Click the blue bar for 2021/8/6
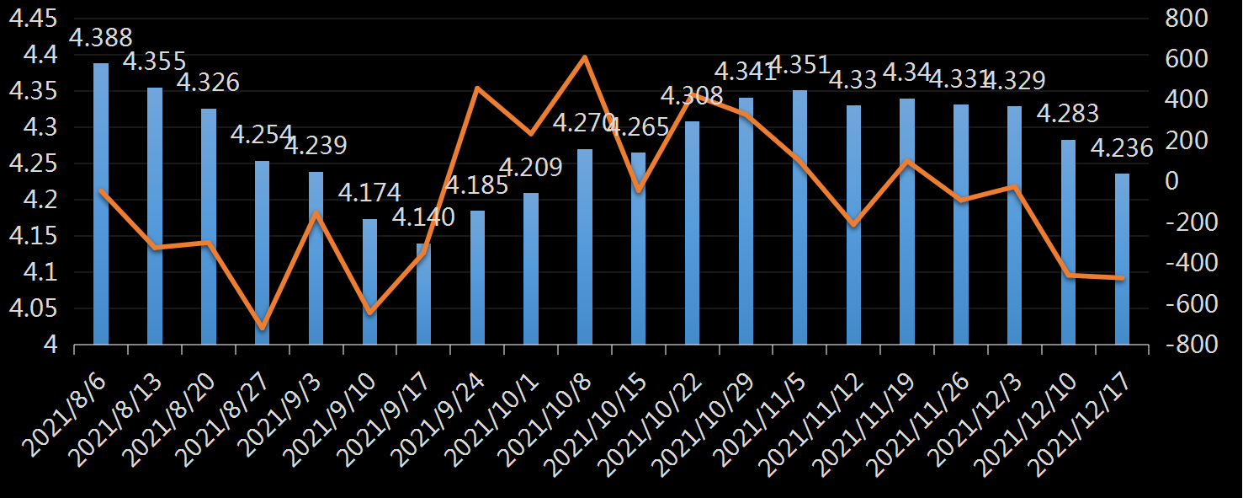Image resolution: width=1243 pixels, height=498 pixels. pos(101,204)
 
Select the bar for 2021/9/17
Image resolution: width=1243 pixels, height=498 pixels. pos(423,294)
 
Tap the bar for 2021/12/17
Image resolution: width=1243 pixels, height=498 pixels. pos(1122,259)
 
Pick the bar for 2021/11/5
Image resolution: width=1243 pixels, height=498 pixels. pos(799,217)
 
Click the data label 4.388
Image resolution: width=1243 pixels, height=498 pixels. pos(100,38)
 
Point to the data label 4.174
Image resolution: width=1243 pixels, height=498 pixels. pos(369,192)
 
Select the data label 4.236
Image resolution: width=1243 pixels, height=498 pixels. pos(1122,148)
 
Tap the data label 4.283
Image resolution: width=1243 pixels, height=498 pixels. pos(1068,113)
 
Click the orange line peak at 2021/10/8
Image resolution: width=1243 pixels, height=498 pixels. pos(585,57)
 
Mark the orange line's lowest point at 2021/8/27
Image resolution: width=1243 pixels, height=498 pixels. pos(263,327)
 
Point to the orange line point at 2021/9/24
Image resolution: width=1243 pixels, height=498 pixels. pos(477,88)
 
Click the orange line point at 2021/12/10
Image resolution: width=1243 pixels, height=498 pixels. pos(1068,275)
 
